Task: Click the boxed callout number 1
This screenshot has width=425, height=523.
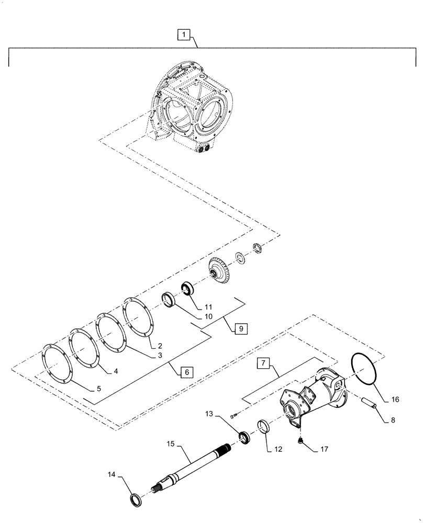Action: pos(184,35)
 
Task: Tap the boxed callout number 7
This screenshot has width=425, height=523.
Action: pos(263,363)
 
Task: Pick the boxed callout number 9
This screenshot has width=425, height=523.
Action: pos(240,328)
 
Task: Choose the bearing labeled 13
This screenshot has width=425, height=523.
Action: pos(244,437)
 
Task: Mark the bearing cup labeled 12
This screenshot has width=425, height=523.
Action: pos(265,426)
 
